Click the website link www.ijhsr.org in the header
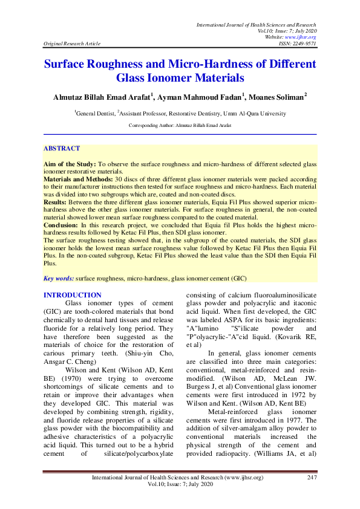pyautogui.click(x=304, y=37)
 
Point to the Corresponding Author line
pyautogui.click(x=180, y=125)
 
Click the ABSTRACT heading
pyautogui.click(x=62, y=148)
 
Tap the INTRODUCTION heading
pyautogui.click(x=73, y=295)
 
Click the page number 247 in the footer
pyautogui.click(x=312, y=478)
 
